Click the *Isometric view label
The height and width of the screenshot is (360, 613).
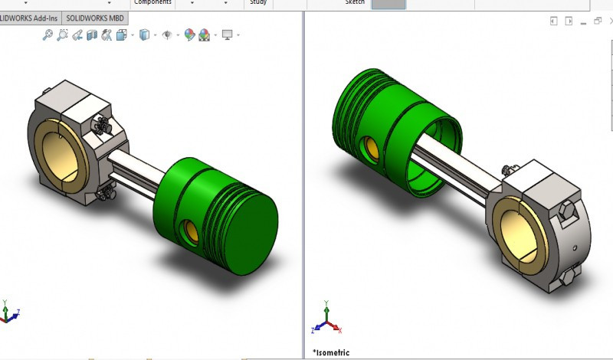(x=331, y=352)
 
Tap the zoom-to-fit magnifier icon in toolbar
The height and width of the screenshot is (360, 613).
(x=48, y=34)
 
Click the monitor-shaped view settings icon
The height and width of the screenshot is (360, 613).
(x=228, y=34)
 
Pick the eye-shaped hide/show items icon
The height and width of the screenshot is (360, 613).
(x=167, y=34)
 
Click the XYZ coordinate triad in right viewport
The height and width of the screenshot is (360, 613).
(x=327, y=323)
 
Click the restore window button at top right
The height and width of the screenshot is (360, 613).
(x=598, y=21)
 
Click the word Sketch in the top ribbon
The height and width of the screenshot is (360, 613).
(x=355, y=2)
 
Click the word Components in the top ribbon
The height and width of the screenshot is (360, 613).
(x=152, y=2)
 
